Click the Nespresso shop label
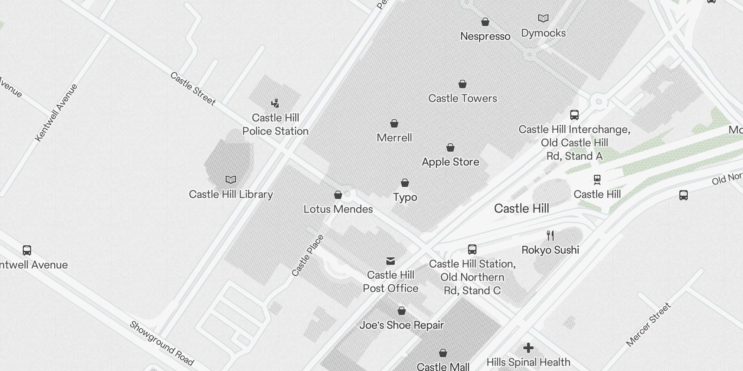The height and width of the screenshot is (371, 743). [x=485, y=36]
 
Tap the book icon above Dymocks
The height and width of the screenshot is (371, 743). [x=543, y=19]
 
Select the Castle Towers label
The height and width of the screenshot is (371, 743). [x=463, y=98]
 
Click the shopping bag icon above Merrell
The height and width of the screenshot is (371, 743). [x=394, y=123]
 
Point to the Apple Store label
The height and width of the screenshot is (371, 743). [x=450, y=162]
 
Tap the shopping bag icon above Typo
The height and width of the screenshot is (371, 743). [x=405, y=183]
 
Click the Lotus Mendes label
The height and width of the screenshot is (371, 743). [x=338, y=209]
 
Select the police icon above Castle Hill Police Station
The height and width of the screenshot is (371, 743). [x=275, y=103]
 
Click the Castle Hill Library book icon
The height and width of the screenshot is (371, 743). [x=231, y=179]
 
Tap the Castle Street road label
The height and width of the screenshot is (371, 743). [x=193, y=88]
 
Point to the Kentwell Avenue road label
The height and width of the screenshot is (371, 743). [x=56, y=113]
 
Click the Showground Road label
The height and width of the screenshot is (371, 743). [x=161, y=343]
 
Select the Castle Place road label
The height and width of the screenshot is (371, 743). [x=307, y=256]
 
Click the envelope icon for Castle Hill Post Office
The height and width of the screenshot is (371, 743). [x=391, y=261]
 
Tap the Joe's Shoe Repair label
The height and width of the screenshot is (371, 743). [x=402, y=325]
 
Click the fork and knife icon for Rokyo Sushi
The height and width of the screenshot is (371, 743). [x=550, y=236]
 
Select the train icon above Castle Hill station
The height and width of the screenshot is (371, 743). [x=597, y=179]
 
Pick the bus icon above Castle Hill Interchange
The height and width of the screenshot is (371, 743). [x=574, y=115]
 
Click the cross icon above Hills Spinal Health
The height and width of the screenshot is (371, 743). [x=528, y=348]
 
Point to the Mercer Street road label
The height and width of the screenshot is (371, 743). [x=648, y=325]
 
